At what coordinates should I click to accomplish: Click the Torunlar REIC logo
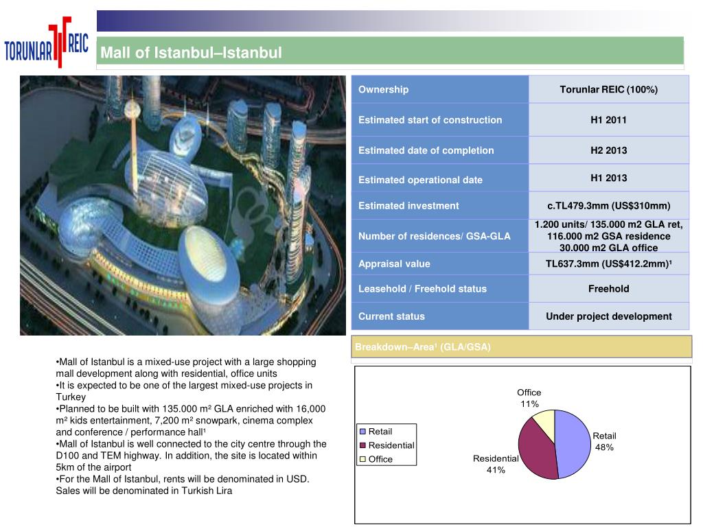coord(47,46)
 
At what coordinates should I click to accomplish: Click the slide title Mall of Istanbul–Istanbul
coord(192,53)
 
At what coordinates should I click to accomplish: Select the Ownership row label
coord(383,89)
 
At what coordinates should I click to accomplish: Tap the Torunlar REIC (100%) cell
coord(608,89)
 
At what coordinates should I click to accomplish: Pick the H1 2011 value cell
coord(608,119)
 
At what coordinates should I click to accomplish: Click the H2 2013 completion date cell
coord(608,150)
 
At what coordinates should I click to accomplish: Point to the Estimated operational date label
coord(420,180)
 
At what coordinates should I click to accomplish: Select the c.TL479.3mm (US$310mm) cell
coord(608,205)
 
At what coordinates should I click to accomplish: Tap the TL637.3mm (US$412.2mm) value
coord(608,263)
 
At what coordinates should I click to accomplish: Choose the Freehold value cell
coord(608,289)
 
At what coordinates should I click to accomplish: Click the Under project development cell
coord(608,316)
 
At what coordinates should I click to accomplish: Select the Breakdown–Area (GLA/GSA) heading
coord(423,347)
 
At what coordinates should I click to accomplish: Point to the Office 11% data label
coord(529,398)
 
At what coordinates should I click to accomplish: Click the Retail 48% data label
coord(605,441)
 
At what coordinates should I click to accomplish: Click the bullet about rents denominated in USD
coord(183,484)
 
